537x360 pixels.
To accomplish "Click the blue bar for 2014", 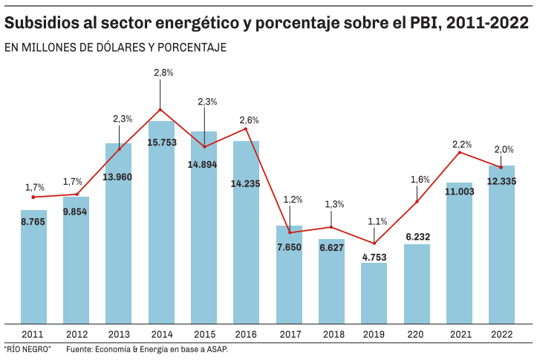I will [161, 223].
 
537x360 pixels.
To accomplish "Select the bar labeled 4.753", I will [374, 293].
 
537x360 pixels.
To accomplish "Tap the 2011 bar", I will [33, 267].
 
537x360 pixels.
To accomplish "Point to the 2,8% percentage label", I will [163, 73].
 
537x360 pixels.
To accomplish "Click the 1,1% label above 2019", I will [377, 221].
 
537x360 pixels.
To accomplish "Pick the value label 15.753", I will [162, 142].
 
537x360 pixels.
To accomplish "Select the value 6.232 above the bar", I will [417, 237].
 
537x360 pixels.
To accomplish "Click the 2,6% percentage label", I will [250, 120].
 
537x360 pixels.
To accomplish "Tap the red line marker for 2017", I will [289, 232].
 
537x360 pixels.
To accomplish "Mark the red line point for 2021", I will [460, 152].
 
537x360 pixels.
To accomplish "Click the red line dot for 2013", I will [119, 149].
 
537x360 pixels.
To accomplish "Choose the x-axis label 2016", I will [247, 334].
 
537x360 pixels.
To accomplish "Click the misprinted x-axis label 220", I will [417, 334].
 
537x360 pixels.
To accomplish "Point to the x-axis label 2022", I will [502, 334].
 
